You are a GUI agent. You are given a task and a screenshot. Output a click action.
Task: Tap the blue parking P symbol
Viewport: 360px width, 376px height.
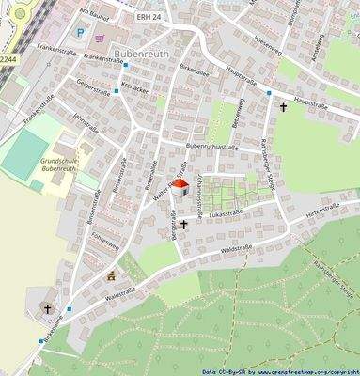[81, 33]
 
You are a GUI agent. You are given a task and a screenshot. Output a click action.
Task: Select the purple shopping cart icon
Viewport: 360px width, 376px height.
[101, 38]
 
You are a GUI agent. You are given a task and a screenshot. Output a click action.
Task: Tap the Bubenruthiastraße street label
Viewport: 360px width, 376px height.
[210, 148]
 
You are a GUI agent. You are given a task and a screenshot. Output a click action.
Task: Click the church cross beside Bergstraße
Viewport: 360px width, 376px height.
[184, 224]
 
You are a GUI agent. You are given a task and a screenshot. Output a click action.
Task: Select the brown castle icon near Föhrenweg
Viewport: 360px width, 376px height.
[113, 276]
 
